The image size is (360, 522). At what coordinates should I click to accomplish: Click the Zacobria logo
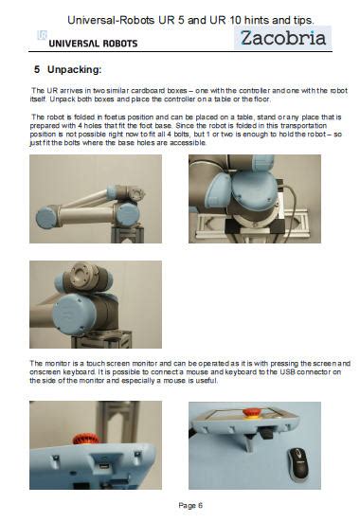click(x=282, y=38)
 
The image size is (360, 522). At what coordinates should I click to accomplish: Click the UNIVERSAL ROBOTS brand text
click(x=93, y=44)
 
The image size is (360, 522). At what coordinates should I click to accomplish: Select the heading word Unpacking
click(x=74, y=69)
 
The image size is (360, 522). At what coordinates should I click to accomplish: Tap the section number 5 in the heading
click(x=37, y=69)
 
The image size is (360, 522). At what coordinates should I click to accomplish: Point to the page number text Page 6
click(x=190, y=505)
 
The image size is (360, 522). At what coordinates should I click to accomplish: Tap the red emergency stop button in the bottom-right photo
click(x=252, y=413)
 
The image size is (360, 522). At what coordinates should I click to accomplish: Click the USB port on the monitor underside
click(x=104, y=466)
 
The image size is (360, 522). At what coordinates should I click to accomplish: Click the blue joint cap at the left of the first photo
click(x=46, y=217)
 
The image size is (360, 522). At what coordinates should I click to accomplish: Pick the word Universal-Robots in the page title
click(x=111, y=20)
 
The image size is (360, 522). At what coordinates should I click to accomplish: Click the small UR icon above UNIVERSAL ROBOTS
click(x=43, y=35)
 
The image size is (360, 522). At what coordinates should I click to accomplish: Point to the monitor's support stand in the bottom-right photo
click(x=249, y=441)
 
